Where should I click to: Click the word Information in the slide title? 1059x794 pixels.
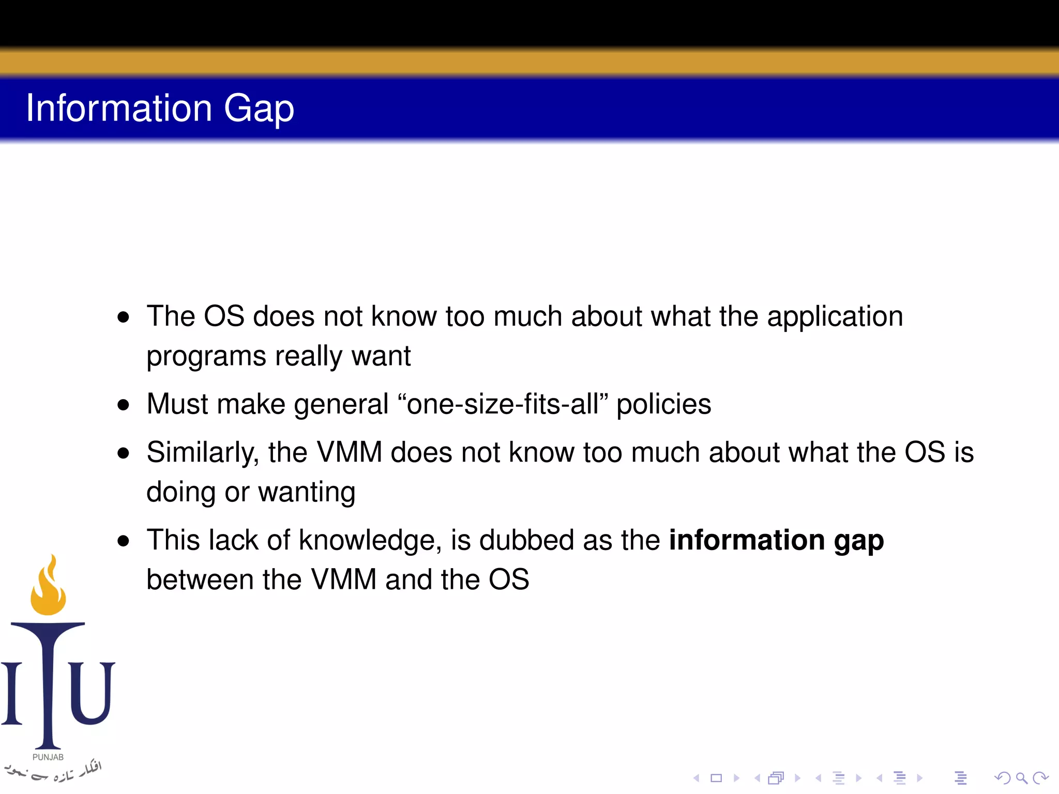(119, 109)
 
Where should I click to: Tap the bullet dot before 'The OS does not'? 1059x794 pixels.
(123, 317)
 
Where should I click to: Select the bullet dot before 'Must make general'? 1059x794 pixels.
(123, 405)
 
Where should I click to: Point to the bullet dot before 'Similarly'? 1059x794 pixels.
(123, 453)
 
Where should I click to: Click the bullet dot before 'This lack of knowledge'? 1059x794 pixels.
(123, 541)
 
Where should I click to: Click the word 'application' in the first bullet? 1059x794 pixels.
(835, 317)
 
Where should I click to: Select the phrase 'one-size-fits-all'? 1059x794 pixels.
(503, 404)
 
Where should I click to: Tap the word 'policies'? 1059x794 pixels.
(663, 405)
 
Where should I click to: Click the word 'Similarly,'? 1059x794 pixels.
(202, 453)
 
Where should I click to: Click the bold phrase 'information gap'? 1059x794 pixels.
(776, 541)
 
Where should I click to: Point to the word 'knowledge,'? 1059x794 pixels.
(370, 541)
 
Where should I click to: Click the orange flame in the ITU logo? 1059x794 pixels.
(49, 589)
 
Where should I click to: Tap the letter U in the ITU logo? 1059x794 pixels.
(92, 693)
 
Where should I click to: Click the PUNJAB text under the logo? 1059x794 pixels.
(48, 757)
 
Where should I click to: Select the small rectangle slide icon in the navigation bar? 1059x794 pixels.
(716, 778)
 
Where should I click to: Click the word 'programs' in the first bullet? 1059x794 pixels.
(206, 357)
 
